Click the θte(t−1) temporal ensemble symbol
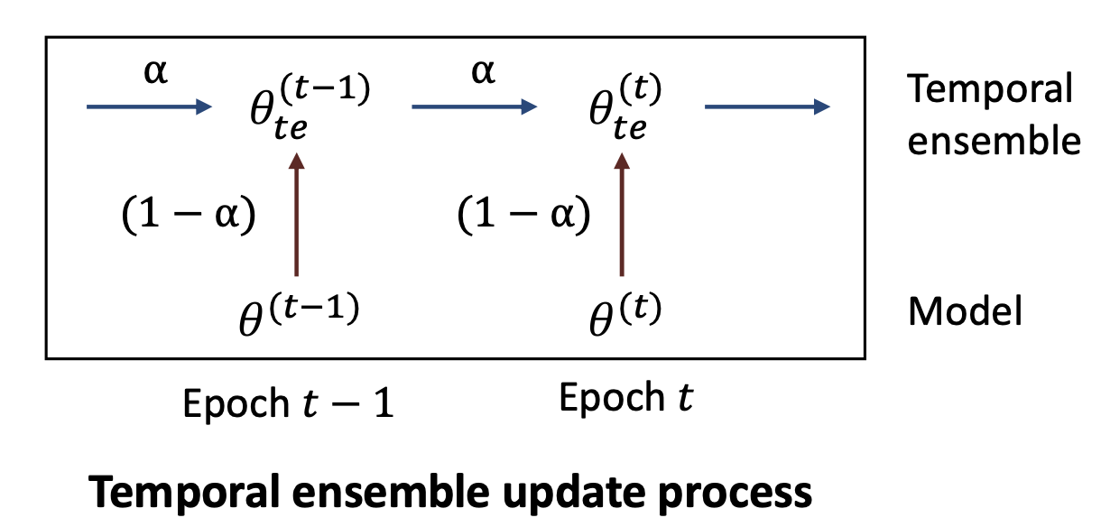click(307, 108)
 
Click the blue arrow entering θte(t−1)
click(148, 107)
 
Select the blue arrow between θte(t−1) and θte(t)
click(474, 107)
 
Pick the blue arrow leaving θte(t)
click(766, 107)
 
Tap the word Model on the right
click(965, 311)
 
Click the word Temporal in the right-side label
click(990, 90)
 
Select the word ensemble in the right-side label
click(994, 141)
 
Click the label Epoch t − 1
click(288, 403)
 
